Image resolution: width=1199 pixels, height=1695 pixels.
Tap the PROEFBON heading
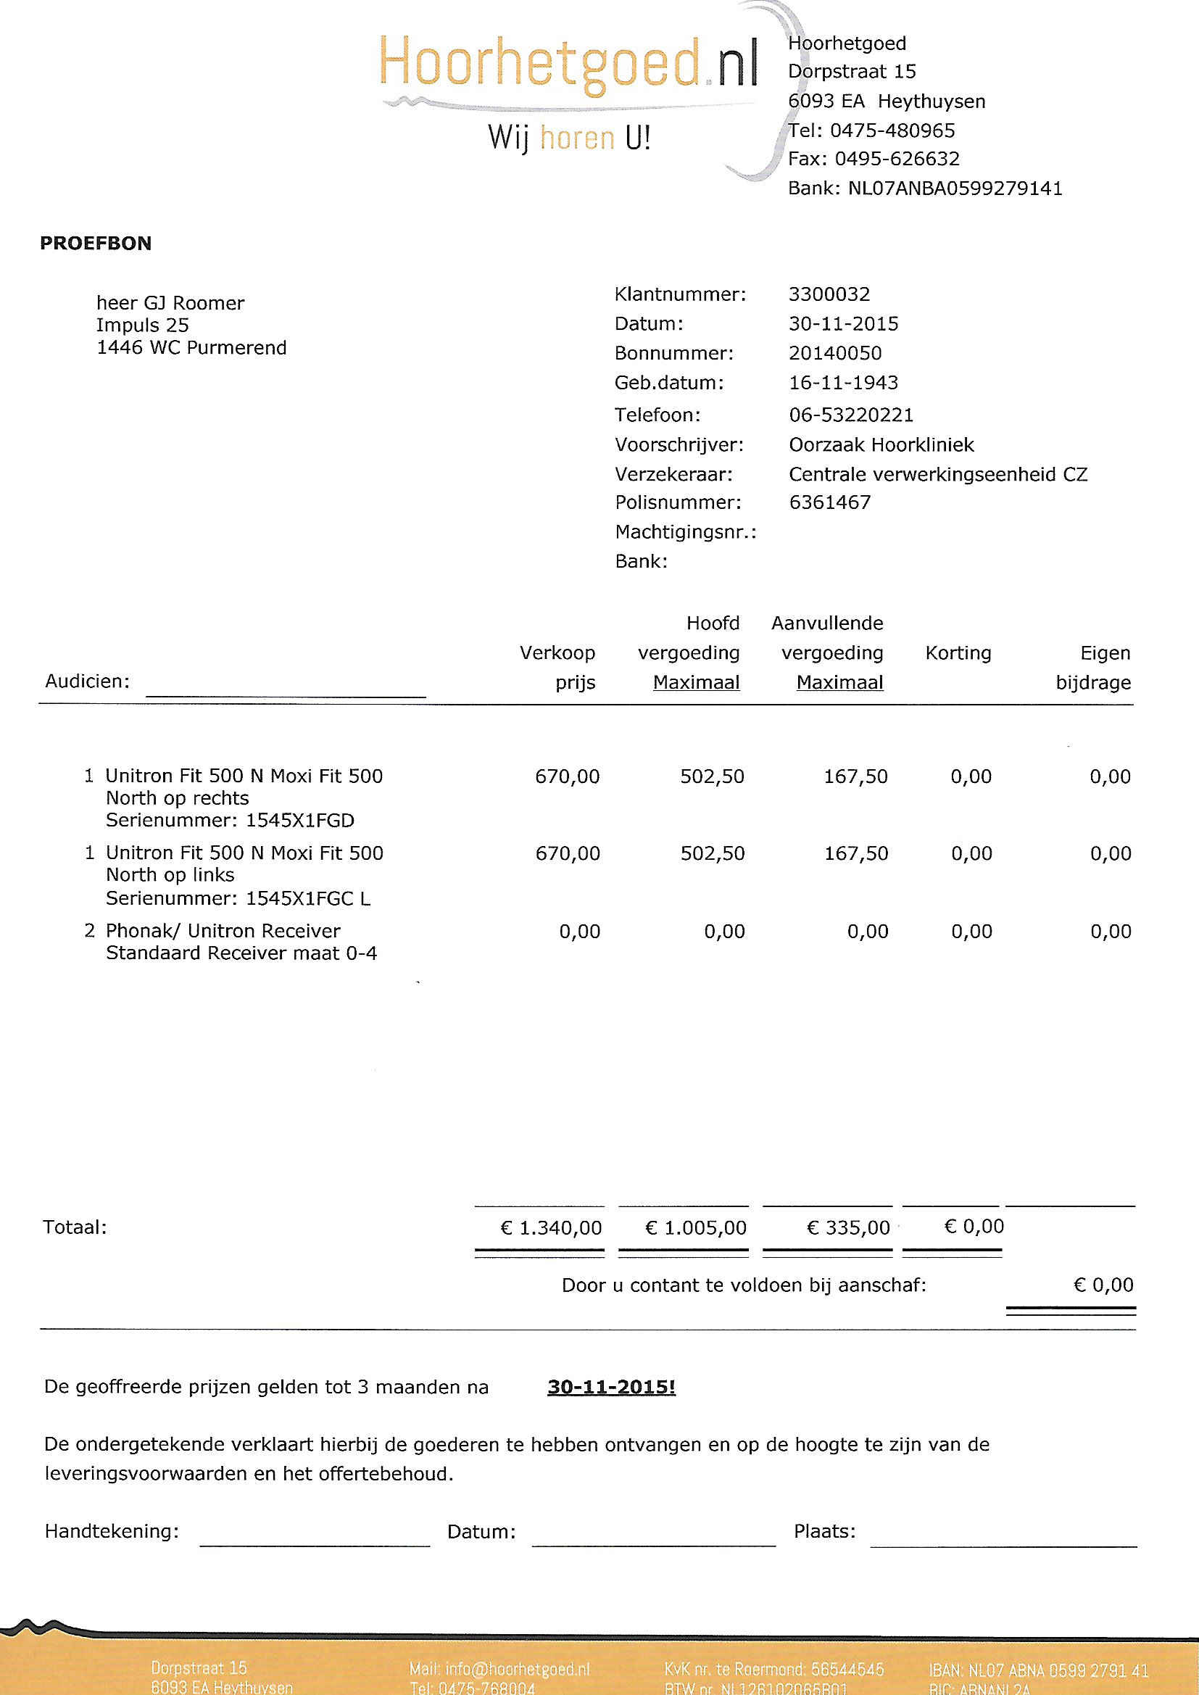click(x=95, y=244)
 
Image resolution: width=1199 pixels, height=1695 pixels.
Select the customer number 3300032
click(x=829, y=294)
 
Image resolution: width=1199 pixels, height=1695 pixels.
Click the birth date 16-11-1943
click(x=842, y=383)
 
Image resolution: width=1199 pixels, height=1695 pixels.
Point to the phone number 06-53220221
click(x=850, y=415)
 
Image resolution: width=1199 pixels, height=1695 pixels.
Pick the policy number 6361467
click(x=829, y=502)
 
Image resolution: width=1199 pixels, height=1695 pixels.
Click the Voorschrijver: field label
click(x=679, y=445)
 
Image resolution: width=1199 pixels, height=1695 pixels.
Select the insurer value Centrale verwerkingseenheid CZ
click(x=937, y=474)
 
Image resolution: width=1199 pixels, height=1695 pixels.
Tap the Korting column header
click(x=958, y=652)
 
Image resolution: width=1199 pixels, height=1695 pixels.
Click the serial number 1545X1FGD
click(x=300, y=820)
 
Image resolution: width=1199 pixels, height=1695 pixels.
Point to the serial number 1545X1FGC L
click(x=308, y=898)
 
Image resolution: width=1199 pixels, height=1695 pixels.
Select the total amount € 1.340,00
click(x=551, y=1227)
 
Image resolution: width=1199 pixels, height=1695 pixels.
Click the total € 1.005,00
click(x=695, y=1227)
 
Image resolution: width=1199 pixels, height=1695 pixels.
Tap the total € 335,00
click(x=847, y=1227)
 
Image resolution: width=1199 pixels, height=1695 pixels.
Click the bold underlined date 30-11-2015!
click(x=611, y=1387)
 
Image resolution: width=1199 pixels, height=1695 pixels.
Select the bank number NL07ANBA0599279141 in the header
click(x=955, y=188)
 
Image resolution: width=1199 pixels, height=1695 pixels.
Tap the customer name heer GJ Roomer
click(x=170, y=304)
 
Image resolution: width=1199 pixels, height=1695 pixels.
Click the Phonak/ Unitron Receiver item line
click(x=223, y=931)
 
